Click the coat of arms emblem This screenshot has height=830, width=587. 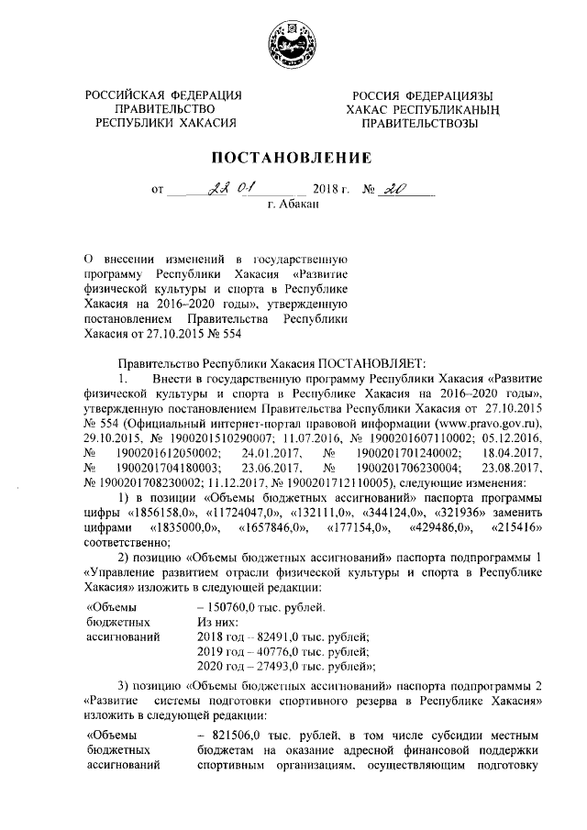pos(293,43)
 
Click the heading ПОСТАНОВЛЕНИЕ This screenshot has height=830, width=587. pos(293,158)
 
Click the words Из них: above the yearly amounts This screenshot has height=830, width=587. pos(218,621)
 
